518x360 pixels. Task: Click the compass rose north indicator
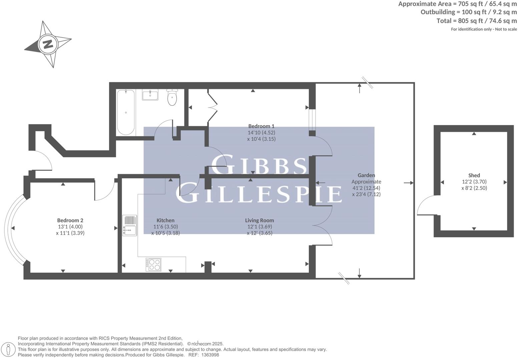point(48,44)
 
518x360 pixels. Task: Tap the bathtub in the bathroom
point(126,112)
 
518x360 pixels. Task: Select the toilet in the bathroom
point(172,97)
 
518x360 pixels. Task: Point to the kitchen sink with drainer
point(129,225)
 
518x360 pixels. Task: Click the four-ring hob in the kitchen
point(153,264)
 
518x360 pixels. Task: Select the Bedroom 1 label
point(261,126)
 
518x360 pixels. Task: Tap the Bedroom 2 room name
point(70,220)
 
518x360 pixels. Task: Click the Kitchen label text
point(165,220)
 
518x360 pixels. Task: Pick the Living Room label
point(260,220)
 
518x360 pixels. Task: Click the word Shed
point(474,175)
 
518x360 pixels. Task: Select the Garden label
point(366,175)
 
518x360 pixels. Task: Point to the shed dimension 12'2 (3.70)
point(474,182)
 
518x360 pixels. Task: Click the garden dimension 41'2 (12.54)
point(366,188)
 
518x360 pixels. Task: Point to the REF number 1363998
point(210,355)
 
